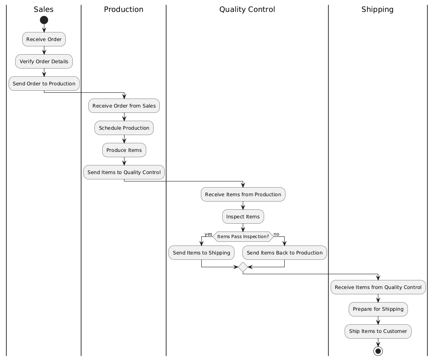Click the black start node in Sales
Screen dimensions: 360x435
[x=44, y=20]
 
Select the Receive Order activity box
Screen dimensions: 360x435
[x=44, y=39]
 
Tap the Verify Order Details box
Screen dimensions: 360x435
[x=44, y=62]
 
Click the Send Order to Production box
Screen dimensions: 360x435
[x=44, y=84]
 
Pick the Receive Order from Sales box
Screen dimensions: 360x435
[x=124, y=106]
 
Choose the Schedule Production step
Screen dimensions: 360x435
[x=124, y=128]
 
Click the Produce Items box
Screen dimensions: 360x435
[x=124, y=150]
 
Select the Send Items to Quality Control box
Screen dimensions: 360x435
[x=124, y=172]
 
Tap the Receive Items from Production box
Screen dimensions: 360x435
[x=243, y=195]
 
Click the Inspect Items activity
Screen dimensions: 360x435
[x=243, y=217]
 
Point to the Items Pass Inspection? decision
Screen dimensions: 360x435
[x=243, y=236]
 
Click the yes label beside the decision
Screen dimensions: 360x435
[x=208, y=234]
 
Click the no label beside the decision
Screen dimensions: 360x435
[x=276, y=234]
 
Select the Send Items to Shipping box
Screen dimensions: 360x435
[x=201, y=253]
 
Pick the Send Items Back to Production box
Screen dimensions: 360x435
[x=285, y=253]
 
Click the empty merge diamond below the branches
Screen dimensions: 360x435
[x=243, y=267]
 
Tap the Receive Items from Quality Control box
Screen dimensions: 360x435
[x=378, y=287]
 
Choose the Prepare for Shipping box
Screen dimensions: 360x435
[x=378, y=309]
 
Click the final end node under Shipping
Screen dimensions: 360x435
[x=378, y=351]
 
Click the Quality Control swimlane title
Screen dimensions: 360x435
[x=247, y=9]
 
